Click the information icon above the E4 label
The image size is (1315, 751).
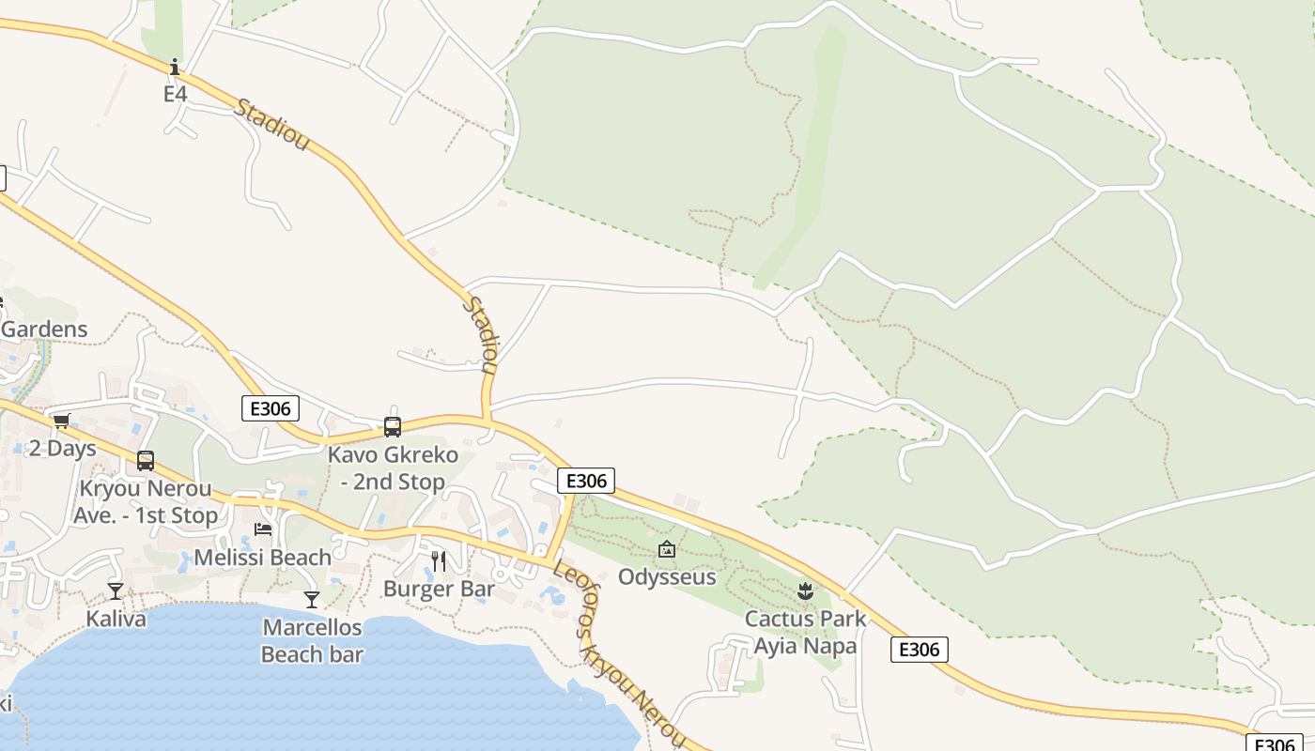[x=174, y=67]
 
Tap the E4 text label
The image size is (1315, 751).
[x=176, y=94]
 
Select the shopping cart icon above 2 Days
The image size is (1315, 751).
[x=61, y=421]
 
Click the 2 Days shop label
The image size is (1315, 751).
[x=63, y=448]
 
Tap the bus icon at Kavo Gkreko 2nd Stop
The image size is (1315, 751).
[x=393, y=427]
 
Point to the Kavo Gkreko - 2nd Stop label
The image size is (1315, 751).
[x=393, y=468]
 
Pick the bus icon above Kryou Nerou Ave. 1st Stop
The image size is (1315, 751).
[x=146, y=461]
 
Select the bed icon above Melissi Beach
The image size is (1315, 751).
[x=263, y=529]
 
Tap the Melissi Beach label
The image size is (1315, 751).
[x=263, y=558]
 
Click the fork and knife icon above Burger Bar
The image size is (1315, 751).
[x=439, y=561]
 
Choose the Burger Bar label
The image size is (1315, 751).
[x=439, y=590]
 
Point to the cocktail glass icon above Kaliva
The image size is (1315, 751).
[x=116, y=590]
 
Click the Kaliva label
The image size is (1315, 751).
[x=116, y=619]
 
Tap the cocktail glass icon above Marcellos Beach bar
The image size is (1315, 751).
[x=312, y=599]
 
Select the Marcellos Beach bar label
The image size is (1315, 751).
[x=312, y=640]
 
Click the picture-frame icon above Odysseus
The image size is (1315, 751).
[x=667, y=549]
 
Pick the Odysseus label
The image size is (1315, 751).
[x=667, y=577]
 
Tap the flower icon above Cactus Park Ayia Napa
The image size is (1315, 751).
[x=805, y=590]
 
